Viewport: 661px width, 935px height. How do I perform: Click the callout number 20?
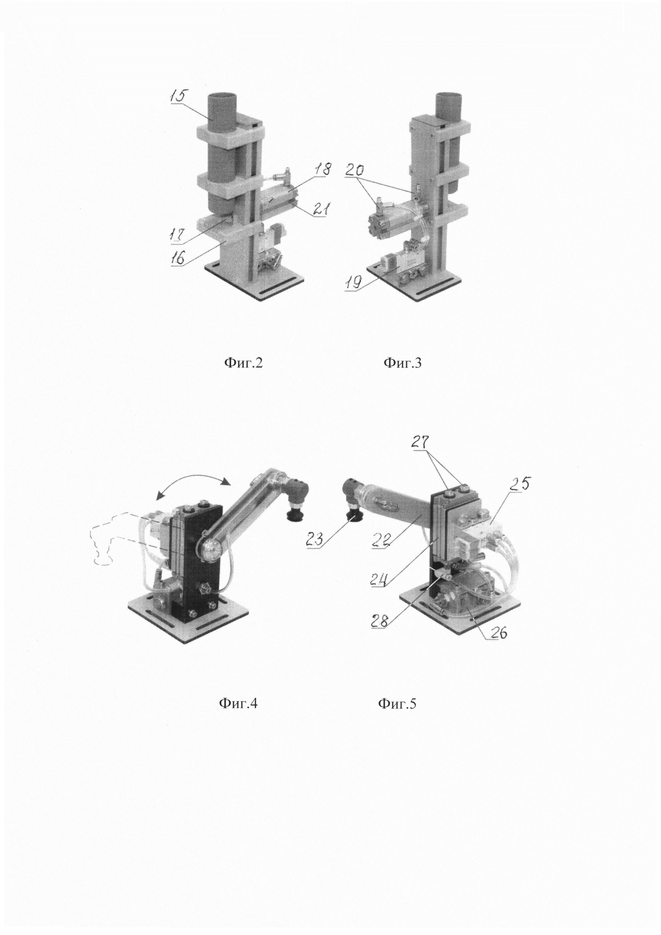[354, 170]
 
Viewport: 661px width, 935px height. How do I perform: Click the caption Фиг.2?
[243, 362]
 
